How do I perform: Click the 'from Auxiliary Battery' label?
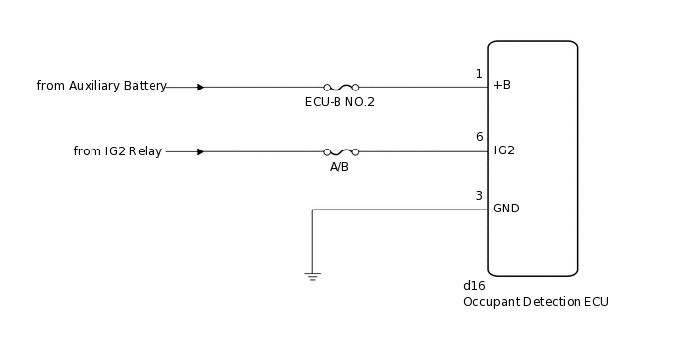click(x=101, y=86)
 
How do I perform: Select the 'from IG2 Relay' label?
click(x=118, y=151)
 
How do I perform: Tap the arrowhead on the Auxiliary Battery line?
click(x=200, y=87)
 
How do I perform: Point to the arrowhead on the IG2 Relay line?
click(x=200, y=151)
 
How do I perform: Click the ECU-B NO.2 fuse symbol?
click(x=340, y=87)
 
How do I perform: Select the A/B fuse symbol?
click(x=340, y=151)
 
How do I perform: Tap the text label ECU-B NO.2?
click(x=339, y=102)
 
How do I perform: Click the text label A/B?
click(x=339, y=167)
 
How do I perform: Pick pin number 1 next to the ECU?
click(x=479, y=74)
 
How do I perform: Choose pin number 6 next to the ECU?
click(x=479, y=137)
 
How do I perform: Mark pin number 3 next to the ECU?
click(x=479, y=196)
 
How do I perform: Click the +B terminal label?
click(x=502, y=86)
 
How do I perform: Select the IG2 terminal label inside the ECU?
click(x=504, y=150)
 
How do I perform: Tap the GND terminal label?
click(x=506, y=209)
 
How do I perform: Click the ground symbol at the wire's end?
click(x=312, y=277)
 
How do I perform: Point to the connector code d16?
click(x=474, y=286)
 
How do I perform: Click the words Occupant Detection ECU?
click(x=535, y=302)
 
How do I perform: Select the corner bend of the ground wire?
click(x=312, y=209)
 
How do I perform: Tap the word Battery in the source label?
click(x=146, y=86)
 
